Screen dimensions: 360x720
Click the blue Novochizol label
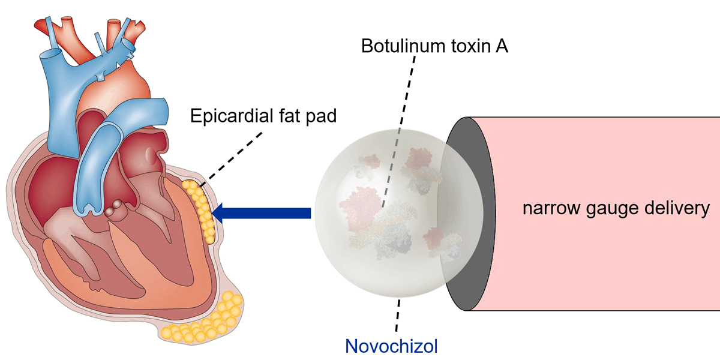point(391,346)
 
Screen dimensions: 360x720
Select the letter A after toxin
point(502,47)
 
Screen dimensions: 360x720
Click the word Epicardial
point(233,115)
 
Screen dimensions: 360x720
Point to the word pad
point(322,115)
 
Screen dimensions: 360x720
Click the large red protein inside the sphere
point(358,204)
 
